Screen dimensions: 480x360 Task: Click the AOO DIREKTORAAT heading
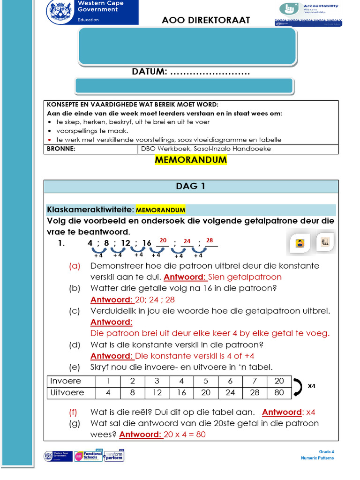pos(206,20)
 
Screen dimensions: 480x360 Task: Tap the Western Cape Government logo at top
pos(92,12)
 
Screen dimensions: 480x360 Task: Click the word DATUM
pos(149,72)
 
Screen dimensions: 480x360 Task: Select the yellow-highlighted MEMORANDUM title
pos(190,160)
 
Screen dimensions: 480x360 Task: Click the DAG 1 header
pos(190,186)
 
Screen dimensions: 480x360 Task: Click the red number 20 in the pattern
pos(163,240)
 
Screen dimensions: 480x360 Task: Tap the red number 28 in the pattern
pos(210,240)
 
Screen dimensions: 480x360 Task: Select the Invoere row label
pos(66,381)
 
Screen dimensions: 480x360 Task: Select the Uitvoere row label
pos(67,392)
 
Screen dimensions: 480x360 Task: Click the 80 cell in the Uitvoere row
pos(279,392)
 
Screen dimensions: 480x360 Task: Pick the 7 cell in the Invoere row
pos(255,381)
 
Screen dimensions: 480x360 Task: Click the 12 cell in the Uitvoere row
pos(157,392)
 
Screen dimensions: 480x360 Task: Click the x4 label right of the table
pos(312,386)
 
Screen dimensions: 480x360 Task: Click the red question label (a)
pos(75,266)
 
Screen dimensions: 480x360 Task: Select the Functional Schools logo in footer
pos(88,456)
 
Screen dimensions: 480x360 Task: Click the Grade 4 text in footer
pos(326,452)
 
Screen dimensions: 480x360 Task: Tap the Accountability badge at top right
pos(308,13)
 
